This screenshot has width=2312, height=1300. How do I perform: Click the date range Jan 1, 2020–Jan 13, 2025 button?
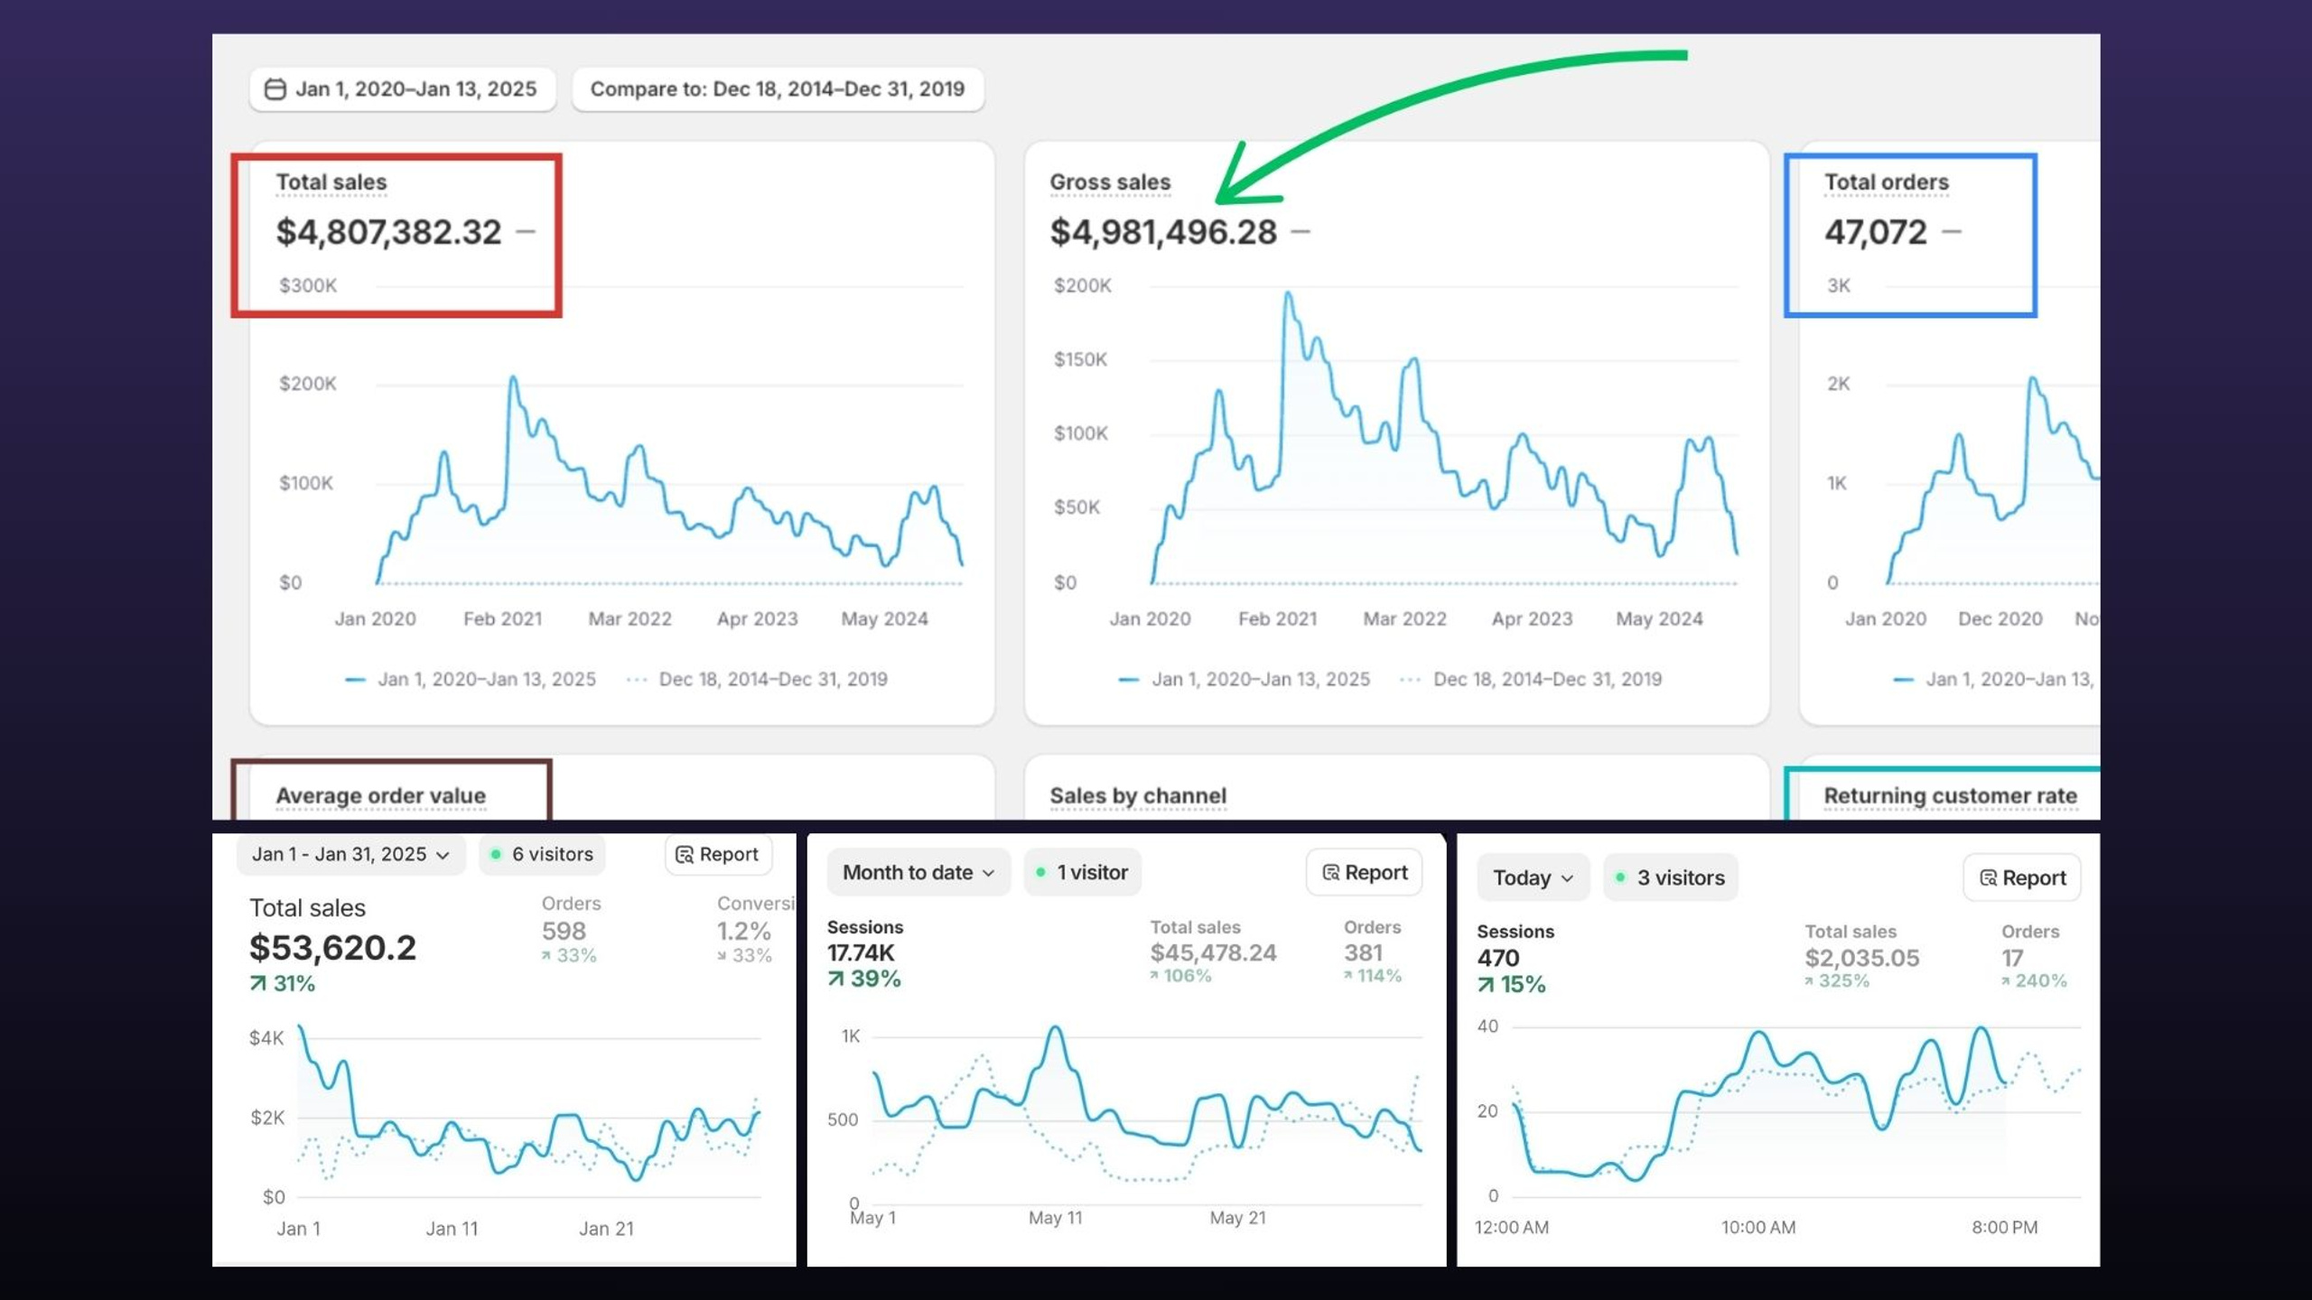[x=402, y=89]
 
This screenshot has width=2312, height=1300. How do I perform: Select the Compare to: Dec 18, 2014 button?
[x=778, y=89]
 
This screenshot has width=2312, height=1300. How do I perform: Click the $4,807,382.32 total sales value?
[x=388, y=232]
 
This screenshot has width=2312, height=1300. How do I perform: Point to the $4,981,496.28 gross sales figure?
[x=1163, y=232]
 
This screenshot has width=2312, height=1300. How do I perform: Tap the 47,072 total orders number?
[x=1876, y=232]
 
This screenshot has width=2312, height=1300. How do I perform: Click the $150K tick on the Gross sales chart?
[x=1080, y=359]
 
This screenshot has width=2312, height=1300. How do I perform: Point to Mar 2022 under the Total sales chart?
[x=630, y=618]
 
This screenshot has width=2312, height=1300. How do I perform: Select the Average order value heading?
[x=381, y=795]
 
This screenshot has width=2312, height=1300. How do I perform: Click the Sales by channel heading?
[x=1138, y=795]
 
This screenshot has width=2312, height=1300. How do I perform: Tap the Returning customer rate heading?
[x=1951, y=795]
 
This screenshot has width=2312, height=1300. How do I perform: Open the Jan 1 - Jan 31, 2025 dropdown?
[x=350, y=854]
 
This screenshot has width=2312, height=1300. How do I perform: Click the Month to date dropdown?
[x=918, y=872]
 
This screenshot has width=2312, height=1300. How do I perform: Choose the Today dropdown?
[x=1534, y=877]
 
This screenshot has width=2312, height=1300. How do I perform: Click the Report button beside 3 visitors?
[x=2022, y=877]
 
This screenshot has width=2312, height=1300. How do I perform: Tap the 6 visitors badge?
[x=542, y=854]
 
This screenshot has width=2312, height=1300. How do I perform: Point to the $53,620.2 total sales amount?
[x=332, y=947]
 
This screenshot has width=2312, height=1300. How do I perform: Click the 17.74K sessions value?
[x=861, y=952]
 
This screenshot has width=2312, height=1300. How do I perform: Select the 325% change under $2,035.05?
[x=1837, y=980]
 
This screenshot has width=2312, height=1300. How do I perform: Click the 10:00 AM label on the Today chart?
[x=1757, y=1227]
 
